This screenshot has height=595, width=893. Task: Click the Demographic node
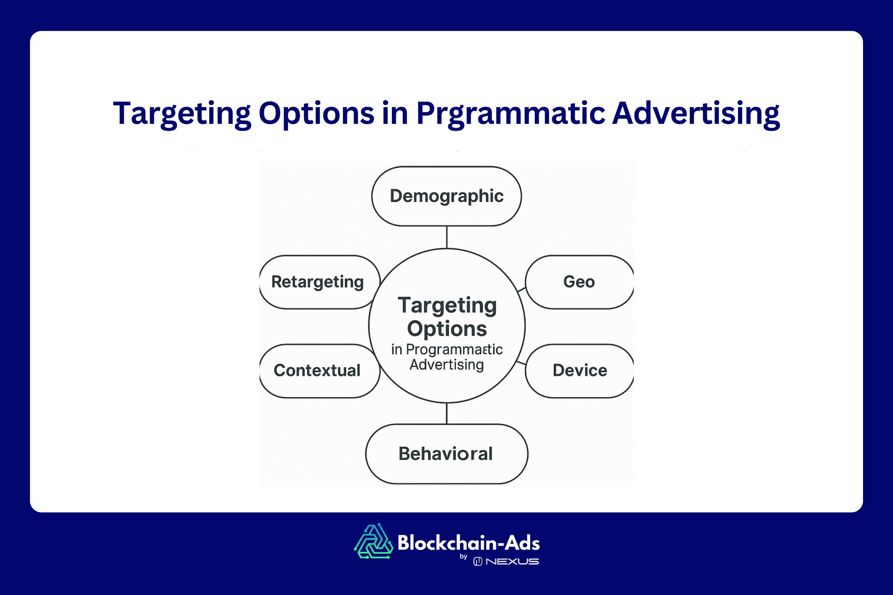(446, 196)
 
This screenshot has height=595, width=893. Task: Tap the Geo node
(579, 282)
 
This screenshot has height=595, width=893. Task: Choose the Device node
(580, 371)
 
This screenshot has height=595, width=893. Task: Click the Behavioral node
(446, 454)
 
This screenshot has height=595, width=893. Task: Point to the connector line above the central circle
(447, 237)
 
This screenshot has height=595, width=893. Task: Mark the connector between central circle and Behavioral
(447, 413)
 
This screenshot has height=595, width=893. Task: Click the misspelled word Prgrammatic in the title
(511, 114)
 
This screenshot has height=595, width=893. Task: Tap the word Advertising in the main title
(696, 114)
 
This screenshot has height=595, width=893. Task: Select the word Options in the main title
(316, 114)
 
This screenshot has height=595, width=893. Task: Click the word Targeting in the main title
(182, 114)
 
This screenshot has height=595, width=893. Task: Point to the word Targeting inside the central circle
(447, 306)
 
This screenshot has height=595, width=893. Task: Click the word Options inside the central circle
(447, 329)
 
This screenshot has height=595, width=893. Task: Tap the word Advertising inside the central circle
(447, 365)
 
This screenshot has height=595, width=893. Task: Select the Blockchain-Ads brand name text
(469, 543)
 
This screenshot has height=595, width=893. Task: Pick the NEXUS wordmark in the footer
(512, 561)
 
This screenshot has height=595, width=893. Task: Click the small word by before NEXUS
(463, 557)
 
